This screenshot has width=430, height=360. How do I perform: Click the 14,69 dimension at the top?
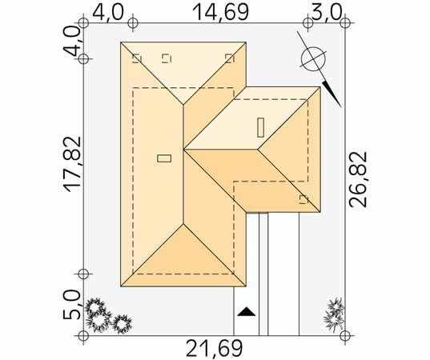tap(221, 12)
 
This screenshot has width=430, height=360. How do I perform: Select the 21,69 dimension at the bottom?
tap(214, 348)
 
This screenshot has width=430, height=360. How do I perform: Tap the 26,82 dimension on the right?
tap(358, 179)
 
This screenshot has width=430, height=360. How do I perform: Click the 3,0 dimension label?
tap(326, 12)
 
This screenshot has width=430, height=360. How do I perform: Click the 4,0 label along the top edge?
tap(108, 12)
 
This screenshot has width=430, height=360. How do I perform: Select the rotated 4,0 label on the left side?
tap(72, 42)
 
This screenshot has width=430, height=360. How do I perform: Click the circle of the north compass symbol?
tap(313, 59)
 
